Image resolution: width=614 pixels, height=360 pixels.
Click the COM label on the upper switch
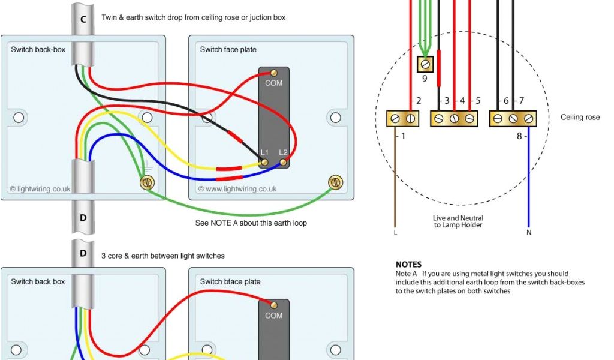tap(273, 83)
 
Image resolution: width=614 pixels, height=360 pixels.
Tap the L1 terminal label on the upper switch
tap(264, 152)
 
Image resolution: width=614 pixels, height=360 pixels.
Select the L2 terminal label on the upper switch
tap(284, 152)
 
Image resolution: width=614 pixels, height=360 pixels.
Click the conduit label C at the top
tap(83, 19)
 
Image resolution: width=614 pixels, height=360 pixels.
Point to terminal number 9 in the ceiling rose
tap(425, 77)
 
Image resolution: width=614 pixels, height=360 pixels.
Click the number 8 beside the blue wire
tap(519, 136)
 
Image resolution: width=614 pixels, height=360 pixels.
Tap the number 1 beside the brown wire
tap(403, 136)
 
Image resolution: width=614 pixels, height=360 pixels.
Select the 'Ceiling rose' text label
tap(580, 117)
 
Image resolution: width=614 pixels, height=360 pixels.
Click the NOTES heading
tap(408, 264)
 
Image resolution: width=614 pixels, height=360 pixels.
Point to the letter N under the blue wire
tap(529, 232)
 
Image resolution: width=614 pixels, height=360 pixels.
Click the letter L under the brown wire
tap(395, 232)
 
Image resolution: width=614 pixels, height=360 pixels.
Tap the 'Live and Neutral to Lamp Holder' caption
tap(458, 221)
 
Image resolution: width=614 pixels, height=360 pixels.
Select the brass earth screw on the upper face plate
tap(335, 182)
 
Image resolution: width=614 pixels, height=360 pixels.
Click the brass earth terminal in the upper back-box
tap(146, 182)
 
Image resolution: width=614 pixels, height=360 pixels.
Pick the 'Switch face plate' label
tap(228, 49)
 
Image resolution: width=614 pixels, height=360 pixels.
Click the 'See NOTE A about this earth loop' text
tap(251, 223)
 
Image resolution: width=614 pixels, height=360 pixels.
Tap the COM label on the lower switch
tap(273, 315)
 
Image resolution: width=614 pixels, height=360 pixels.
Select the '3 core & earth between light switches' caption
tap(163, 256)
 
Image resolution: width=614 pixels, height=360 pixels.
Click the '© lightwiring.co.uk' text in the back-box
tap(40, 188)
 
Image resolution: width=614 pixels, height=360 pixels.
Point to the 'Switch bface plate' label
tap(230, 281)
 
